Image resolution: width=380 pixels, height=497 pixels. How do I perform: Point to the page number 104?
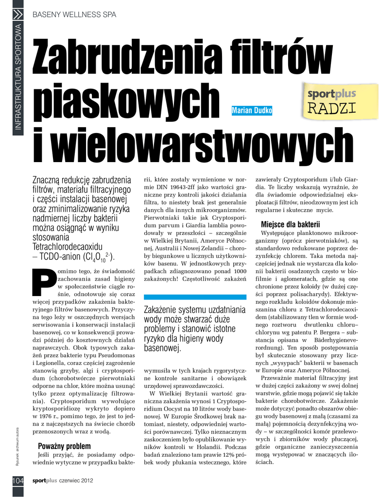click(17, 480)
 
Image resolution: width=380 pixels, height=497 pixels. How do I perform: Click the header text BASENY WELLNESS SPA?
click(74, 15)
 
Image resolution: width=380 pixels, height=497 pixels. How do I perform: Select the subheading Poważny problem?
click(64, 446)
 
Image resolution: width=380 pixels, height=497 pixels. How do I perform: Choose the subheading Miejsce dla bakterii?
click(291, 224)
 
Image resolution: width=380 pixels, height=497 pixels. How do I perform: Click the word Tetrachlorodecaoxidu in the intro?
click(67, 247)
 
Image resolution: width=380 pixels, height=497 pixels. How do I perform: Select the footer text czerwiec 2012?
click(76, 480)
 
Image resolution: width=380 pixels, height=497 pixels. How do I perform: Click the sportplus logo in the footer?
click(45, 480)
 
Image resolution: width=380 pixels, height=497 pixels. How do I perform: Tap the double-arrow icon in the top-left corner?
click(17, 14)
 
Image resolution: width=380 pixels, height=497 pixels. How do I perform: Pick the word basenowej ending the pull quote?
click(162, 348)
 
